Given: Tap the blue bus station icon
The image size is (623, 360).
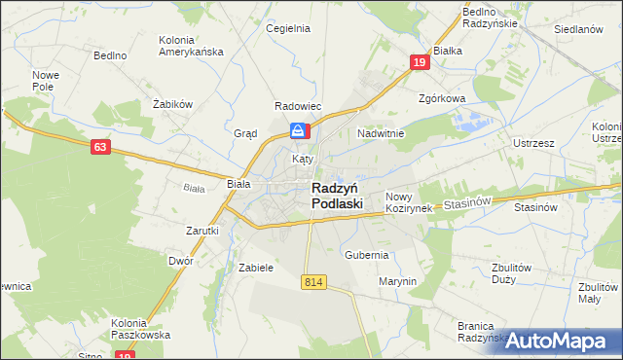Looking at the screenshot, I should click(x=299, y=130).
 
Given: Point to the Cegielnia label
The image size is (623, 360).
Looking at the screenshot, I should click(x=288, y=28).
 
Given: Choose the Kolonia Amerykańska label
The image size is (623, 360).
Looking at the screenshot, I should click(x=191, y=45).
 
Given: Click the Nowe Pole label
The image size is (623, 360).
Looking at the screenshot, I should click(x=46, y=81).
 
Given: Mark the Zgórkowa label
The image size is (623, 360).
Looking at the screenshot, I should click(x=442, y=98).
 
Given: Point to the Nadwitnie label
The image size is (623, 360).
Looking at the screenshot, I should click(x=381, y=132).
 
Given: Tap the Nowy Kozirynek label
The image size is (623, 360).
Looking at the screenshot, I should click(x=408, y=202).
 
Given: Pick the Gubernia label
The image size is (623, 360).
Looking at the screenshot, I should click(x=367, y=254).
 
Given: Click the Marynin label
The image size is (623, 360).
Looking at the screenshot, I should click(x=397, y=281).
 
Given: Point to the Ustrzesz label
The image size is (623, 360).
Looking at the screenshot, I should click(x=533, y=143).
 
